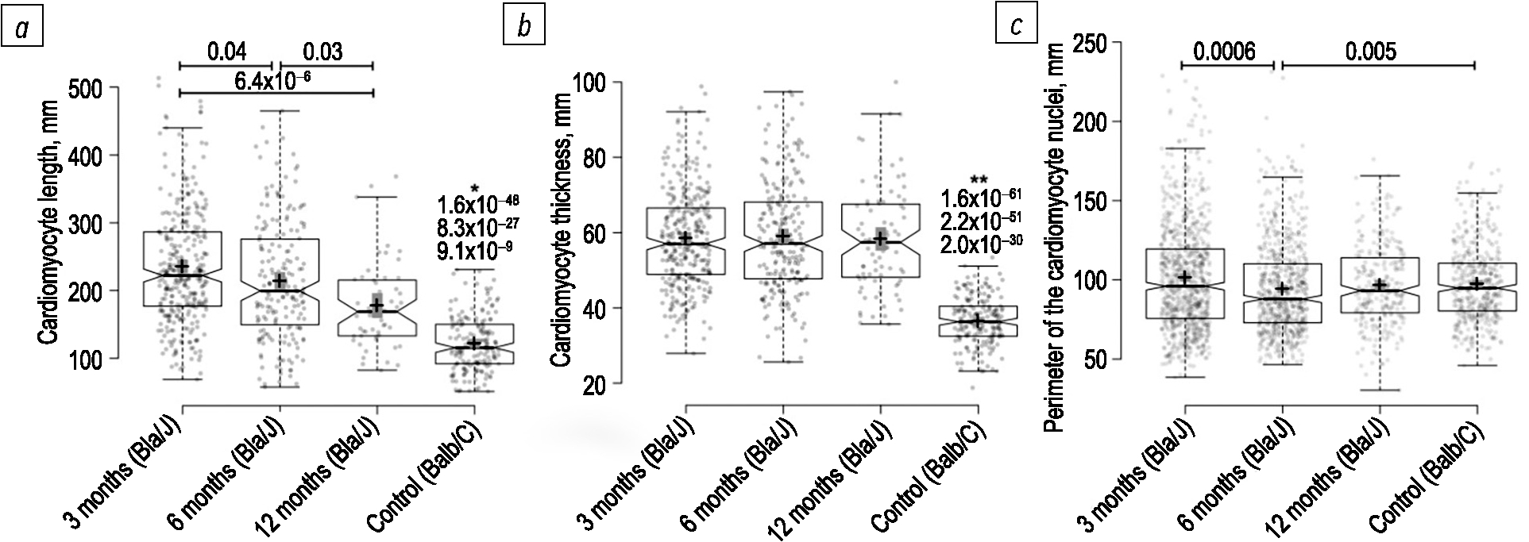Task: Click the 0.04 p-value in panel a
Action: [227, 52]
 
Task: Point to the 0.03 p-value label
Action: [323, 52]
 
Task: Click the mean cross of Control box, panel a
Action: [474, 344]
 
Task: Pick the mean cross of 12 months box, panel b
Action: [880, 239]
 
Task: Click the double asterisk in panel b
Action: [979, 180]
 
